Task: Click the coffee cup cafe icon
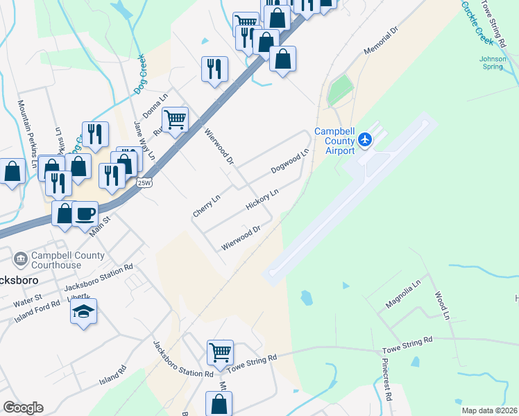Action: point(85,214)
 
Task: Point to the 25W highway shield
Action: point(144,182)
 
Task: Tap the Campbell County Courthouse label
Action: point(68,260)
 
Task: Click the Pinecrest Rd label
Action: point(387,381)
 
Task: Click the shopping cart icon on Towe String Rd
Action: point(220,352)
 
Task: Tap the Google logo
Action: point(23,408)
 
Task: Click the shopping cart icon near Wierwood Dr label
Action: point(176,119)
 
